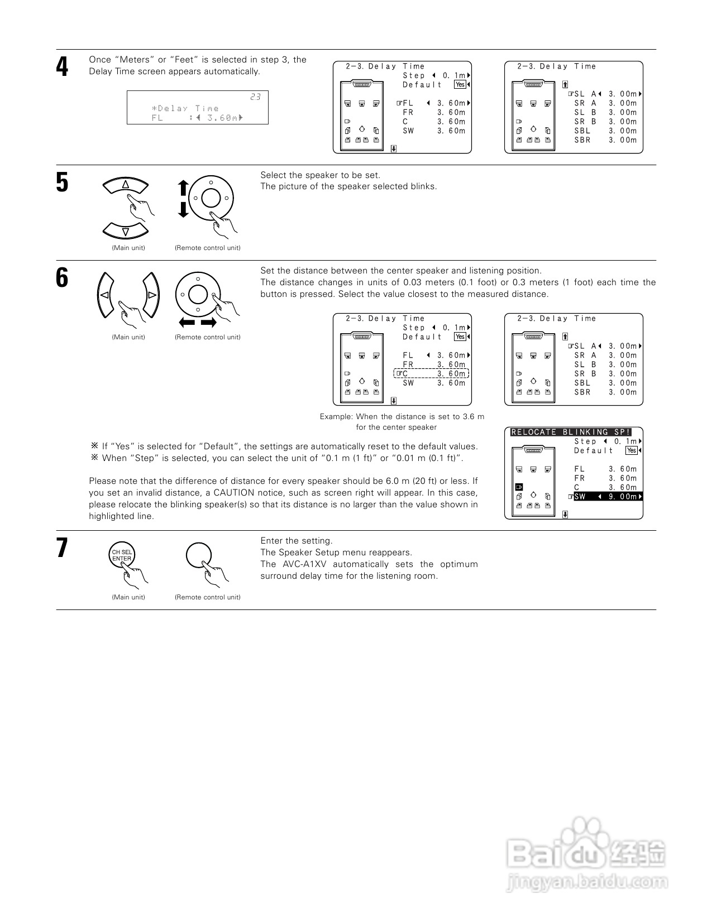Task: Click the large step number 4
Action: (x=62, y=68)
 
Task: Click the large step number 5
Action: (x=62, y=183)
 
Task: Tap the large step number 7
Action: (x=62, y=548)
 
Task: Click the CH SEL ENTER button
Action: (x=122, y=555)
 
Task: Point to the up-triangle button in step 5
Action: (x=126, y=185)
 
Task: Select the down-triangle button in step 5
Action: (x=126, y=231)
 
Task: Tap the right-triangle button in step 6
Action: (x=151, y=295)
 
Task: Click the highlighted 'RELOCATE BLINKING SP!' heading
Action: (x=571, y=432)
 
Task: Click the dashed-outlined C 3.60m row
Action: (x=432, y=374)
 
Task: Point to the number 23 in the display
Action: (x=255, y=97)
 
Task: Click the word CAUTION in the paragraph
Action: (x=234, y=493)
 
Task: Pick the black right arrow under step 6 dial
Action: (x=209, y=323)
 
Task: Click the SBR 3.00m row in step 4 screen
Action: (x=605, y=140)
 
